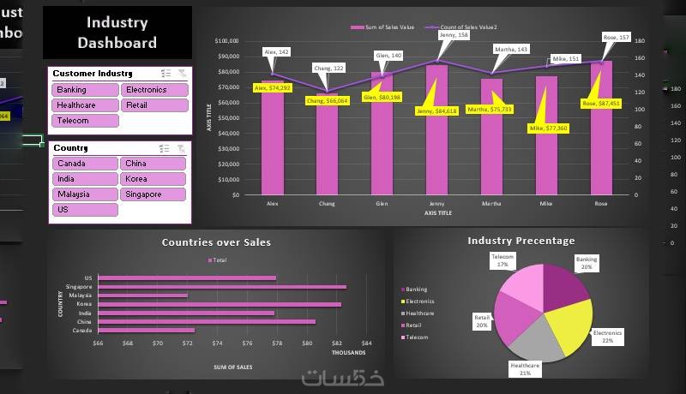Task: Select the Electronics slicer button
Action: pyautogui.click(x=153, y=90)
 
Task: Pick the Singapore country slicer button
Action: pyautogui.click(x=153, y=194)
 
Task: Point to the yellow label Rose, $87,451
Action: pyautogui.click(x=600, y=103)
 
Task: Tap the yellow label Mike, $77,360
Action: pyautogui.click(x=548, y=128)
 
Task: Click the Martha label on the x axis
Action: pyautogui.click(x=491, y=204)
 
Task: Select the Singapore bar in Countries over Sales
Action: pyautogui.click(x=222, y=287)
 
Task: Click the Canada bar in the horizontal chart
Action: pyautogui.click(x=147, y=330)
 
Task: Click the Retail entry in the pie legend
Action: pyautogui.click(x=414, y=325)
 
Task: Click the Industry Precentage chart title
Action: pyautogui.click(x=521, y=241)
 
